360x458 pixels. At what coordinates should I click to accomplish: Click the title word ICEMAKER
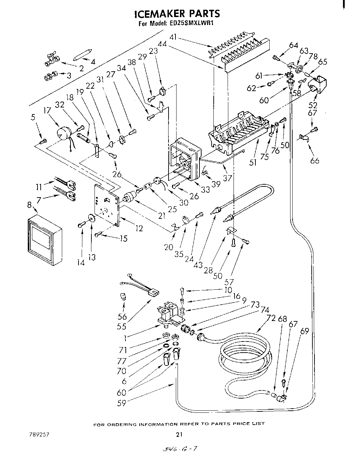[x=159, y=14]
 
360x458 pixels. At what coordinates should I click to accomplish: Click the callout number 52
[x=313, y=105]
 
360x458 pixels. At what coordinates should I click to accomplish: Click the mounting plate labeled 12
[x=107, y=205]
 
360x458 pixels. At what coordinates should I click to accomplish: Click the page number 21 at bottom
[x=179, y=434]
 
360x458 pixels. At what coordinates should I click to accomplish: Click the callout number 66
[x=315, y=161]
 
